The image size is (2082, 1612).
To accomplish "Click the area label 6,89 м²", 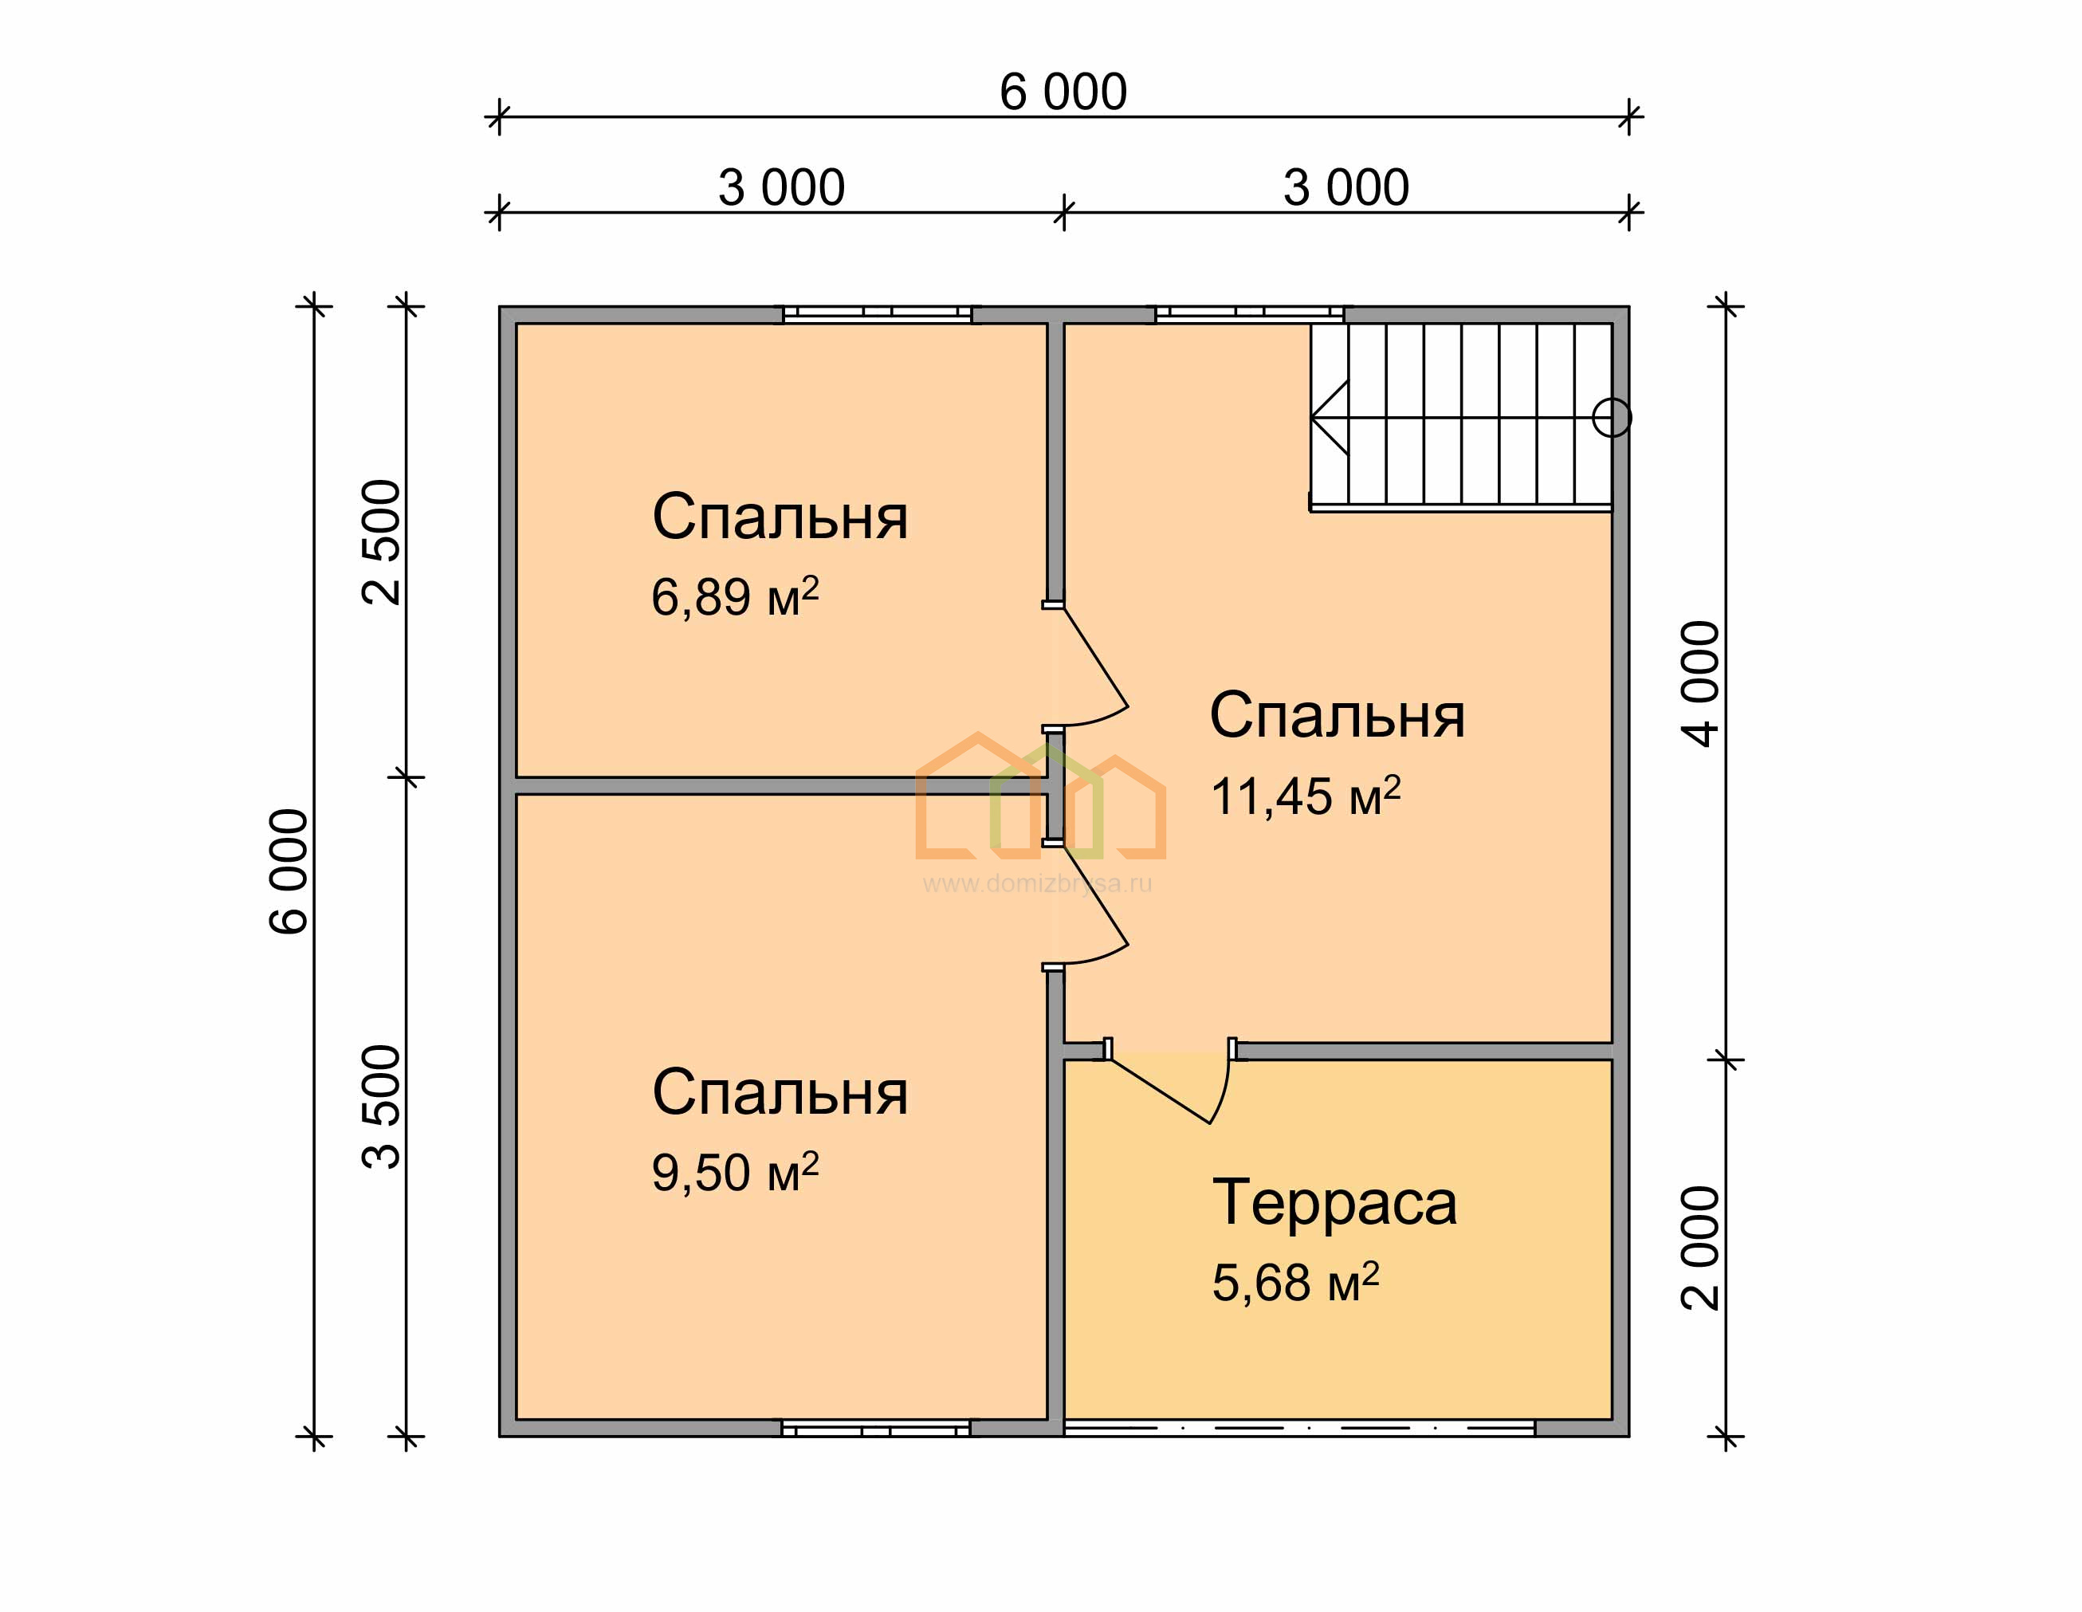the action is point(735,598).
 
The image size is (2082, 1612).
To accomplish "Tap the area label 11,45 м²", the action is point(1305,796).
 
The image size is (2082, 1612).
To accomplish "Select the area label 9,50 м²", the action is point(735,1172).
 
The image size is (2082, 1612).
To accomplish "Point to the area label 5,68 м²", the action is point(1295,1282).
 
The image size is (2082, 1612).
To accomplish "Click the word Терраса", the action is point(1334,1203).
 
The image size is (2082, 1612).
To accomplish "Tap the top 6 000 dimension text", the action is point(1063,92).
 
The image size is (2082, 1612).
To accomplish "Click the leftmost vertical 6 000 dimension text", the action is point(289,871).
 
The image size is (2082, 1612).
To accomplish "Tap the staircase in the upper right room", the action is point(1460,418).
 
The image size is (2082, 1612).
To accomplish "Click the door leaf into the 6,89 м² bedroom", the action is point(1096,658).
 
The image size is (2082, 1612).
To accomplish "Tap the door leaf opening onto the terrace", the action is point(1159,1090).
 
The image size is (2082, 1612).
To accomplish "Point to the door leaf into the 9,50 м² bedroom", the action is point(1096,895).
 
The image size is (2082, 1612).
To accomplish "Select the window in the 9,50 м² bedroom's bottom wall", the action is point(876,1428).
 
